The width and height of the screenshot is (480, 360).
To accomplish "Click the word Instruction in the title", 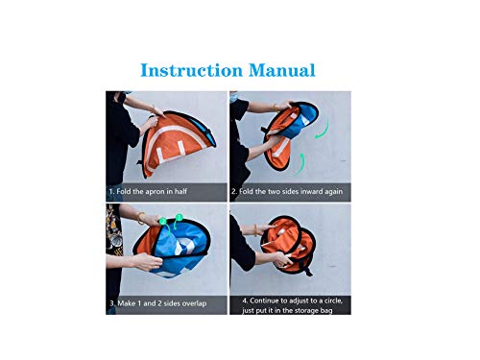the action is [192, 70].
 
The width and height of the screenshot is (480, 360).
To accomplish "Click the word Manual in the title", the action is [282, 70].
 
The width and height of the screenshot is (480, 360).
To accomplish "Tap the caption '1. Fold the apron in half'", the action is [148, 191].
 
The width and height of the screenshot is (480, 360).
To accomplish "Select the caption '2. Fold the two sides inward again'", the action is [287, 191].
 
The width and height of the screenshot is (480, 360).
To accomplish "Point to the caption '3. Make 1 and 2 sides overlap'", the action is [158, 303].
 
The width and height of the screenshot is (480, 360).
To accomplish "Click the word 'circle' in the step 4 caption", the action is [333, 300].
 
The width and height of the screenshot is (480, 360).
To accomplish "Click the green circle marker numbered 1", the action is [179, 217].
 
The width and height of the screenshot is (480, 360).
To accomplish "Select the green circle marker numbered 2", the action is [163, 221].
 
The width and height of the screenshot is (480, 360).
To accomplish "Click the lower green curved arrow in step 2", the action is [301, 165].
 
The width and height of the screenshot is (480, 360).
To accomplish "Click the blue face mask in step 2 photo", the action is [233, 97].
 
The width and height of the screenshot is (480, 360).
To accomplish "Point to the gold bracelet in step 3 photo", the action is [140, 218].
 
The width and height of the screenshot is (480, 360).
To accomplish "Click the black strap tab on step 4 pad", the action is [308, 272].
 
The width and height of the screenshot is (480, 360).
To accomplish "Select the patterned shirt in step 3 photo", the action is [114, 229].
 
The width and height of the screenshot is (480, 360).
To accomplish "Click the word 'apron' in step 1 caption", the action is [155, 192].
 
